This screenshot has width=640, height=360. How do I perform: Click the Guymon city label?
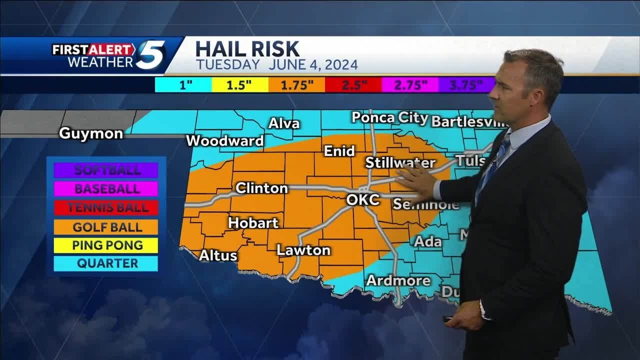click(x=91, y=133)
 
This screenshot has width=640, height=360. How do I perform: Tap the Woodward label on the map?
click(x=225, y=141)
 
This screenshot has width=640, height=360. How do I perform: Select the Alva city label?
click(x=284, y=123)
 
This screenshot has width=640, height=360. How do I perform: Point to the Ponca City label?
click(x=390, y=117)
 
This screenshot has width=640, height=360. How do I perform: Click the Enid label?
click(x=339, y=151)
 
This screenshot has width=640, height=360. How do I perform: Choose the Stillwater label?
click(x=400, y=162)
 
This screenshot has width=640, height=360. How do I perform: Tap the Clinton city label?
click(x=261, y=188)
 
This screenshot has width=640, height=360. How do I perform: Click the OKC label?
click(x=363, y=199)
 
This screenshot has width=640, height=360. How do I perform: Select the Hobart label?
click(x=253, y=222)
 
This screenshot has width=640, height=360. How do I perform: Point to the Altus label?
click(x=218, y=255)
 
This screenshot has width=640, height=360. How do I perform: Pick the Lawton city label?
click(x=303, y=250)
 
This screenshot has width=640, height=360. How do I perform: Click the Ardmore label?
click(x=398, y=280)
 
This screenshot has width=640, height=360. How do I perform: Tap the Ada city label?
click(x=428, y=241)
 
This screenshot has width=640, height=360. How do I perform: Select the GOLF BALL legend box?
click(x=107, y=227)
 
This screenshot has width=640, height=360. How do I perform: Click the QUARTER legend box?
click(x=107, y=263)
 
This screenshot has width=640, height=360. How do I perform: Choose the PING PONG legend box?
click(x=107, y=245)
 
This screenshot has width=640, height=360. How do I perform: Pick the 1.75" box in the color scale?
click(x=296, y=84)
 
